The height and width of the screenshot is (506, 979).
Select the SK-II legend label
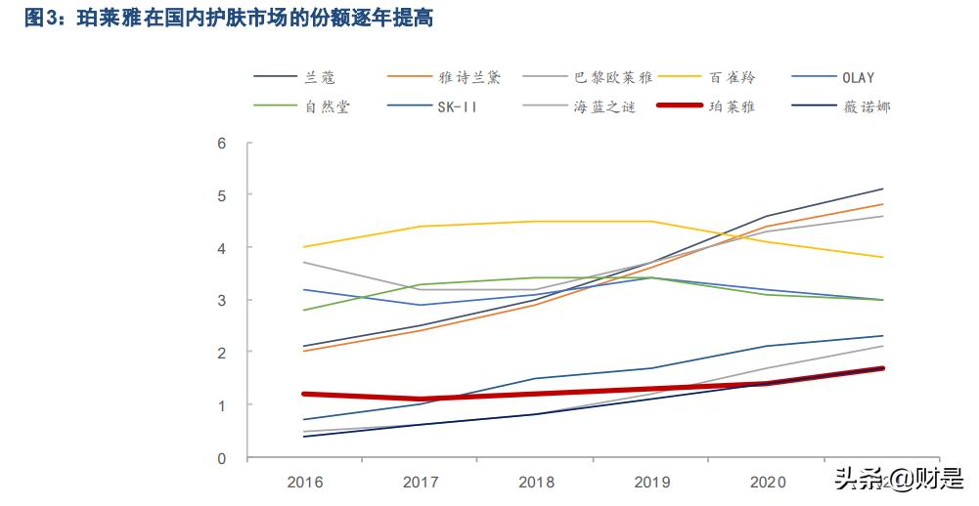point(457,105)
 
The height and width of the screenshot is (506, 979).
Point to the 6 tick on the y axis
point(221,144)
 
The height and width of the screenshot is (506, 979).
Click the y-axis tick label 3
point(221,300)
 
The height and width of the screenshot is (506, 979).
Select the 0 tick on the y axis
point(221,457)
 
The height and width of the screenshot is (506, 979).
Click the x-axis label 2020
point(767,482)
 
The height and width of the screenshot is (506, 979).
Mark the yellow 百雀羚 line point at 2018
point(536,222)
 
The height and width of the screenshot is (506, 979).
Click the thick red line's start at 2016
point(305,394)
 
